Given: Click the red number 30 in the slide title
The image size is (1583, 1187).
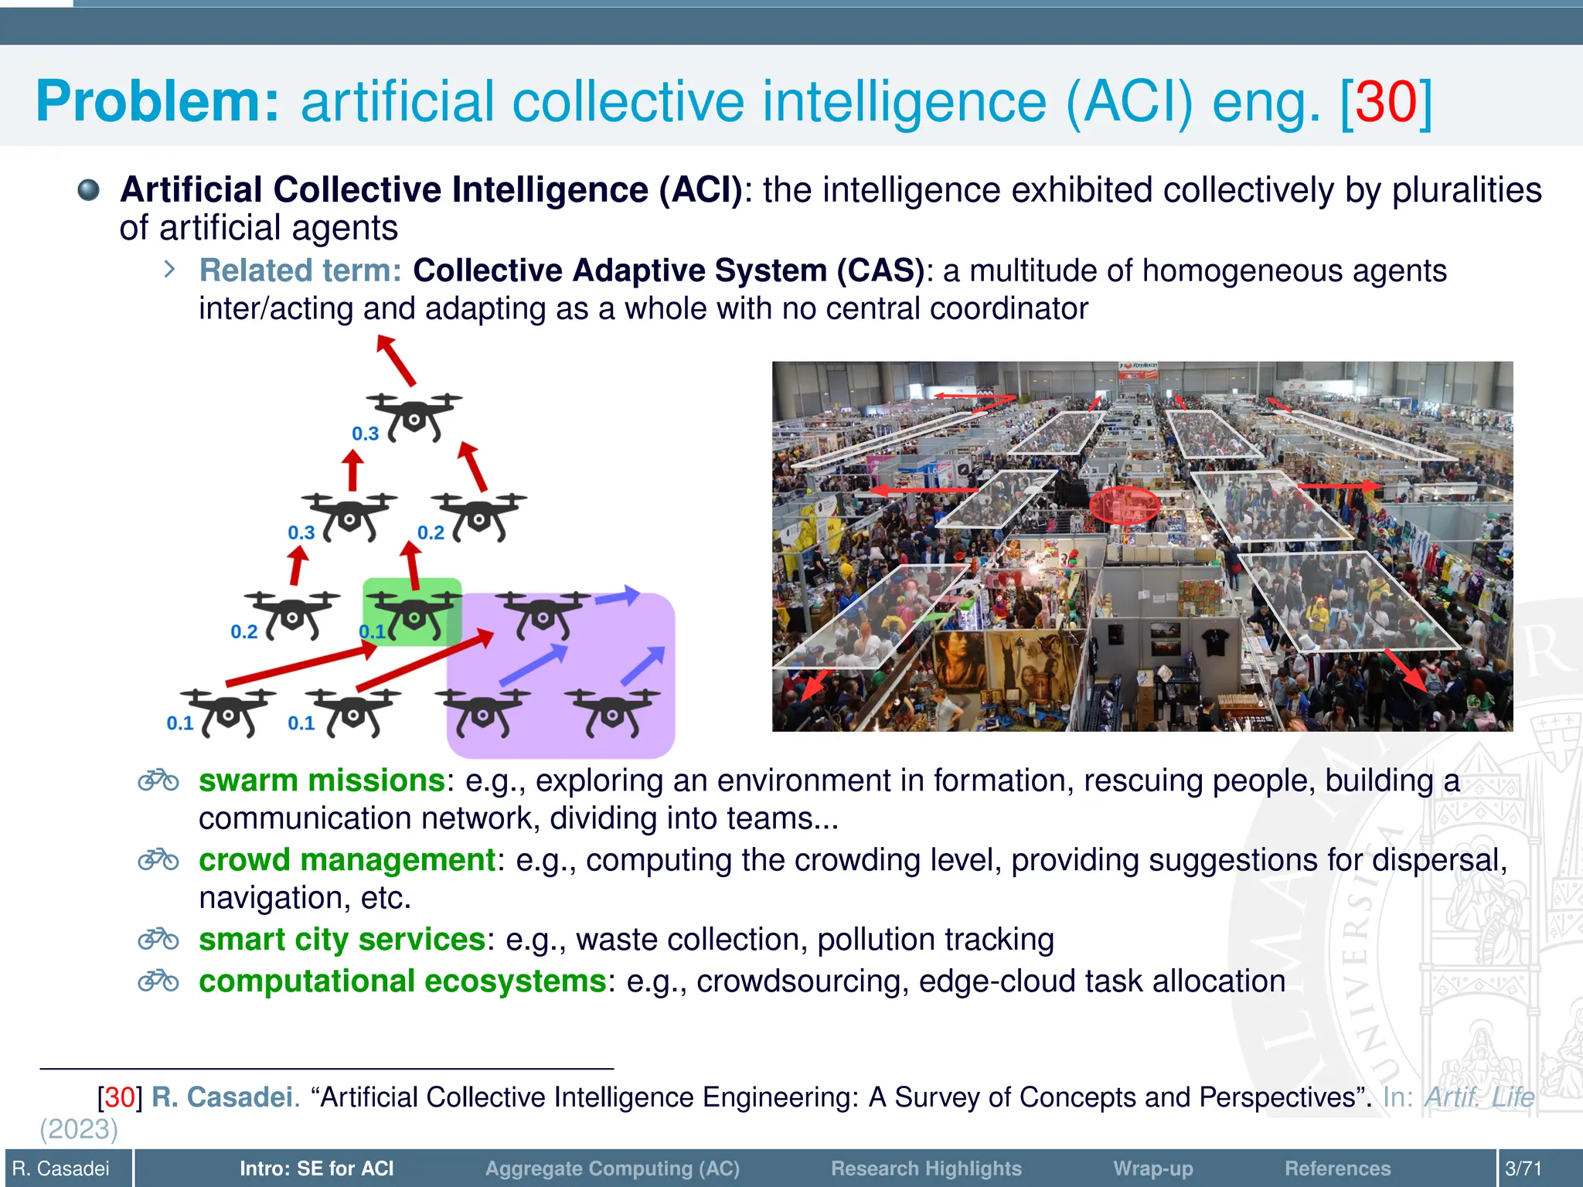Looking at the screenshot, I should point(1386,102).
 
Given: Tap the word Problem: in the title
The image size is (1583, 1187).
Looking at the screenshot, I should point(157,102).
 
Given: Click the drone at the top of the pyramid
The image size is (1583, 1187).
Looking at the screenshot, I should point(414,415).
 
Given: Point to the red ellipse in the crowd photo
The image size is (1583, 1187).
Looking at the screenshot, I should point(1124,505).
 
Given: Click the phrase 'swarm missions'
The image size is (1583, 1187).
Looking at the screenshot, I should point(322,781).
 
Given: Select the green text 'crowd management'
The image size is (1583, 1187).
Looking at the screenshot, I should point(347,860).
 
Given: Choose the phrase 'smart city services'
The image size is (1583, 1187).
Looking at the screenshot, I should point(342,940).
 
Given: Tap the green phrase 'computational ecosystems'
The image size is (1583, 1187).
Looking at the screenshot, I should point(403,981).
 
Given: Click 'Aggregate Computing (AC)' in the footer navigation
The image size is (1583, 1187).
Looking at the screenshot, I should point(612,1168).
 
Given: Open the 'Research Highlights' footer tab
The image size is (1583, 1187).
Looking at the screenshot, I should point(926,1168).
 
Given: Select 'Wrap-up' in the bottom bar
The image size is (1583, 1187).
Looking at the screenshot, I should point(1152,1168).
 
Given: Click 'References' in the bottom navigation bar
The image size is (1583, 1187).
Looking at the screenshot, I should point(1337,1168).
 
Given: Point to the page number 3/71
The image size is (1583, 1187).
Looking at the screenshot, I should point(1523,1168).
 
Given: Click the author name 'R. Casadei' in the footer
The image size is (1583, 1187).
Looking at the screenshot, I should point(61,1168).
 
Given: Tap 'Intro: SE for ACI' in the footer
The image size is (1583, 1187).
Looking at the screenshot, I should point(316,1168).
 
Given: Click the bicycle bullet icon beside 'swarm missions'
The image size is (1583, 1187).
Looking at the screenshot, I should point(158,781).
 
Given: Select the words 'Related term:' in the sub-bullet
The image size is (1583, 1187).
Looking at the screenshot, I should point(300,270).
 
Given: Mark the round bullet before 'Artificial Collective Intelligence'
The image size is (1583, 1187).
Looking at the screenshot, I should point(89,190).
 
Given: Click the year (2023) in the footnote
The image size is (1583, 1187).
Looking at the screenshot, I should point(79,1130).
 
